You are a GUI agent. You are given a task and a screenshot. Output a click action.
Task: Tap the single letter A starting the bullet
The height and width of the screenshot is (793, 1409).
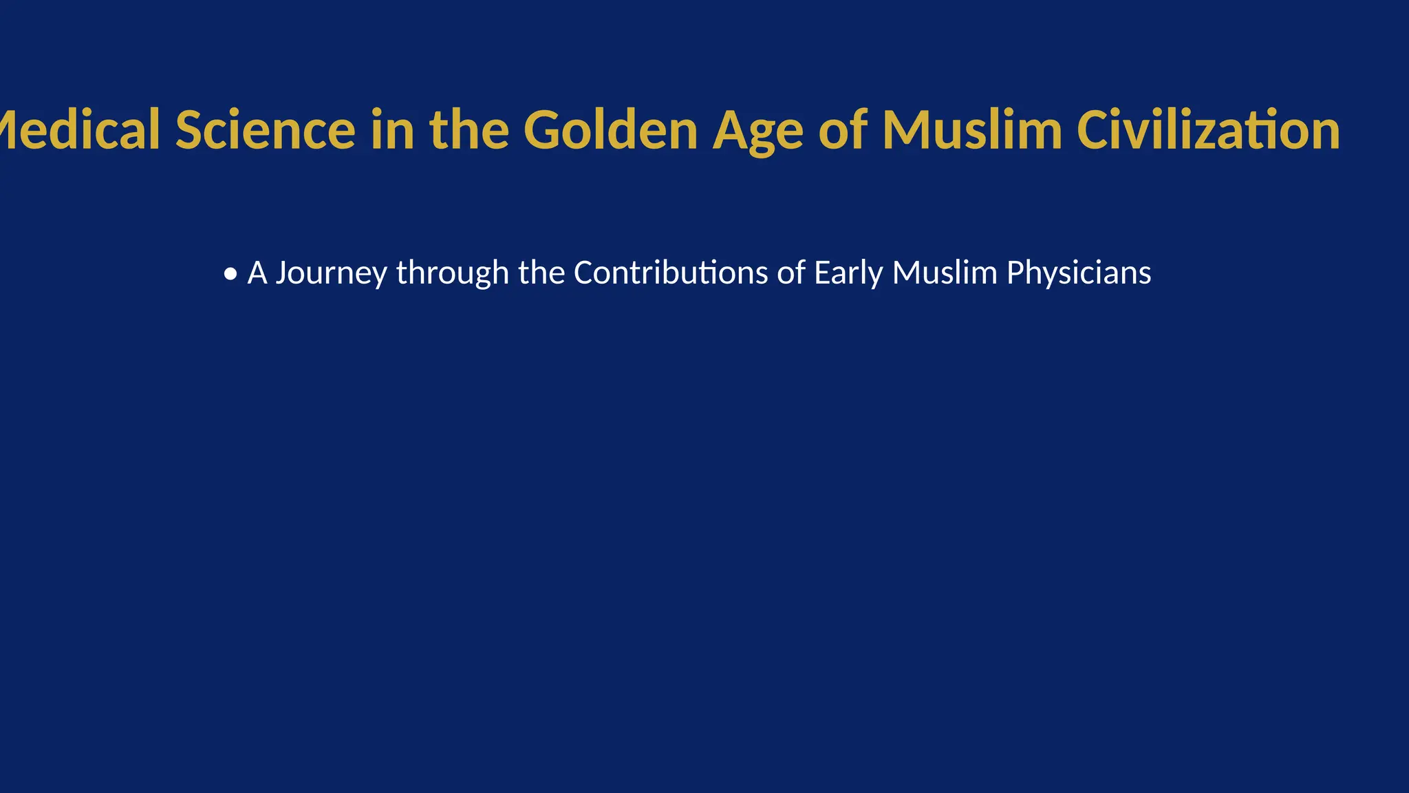(257, 273)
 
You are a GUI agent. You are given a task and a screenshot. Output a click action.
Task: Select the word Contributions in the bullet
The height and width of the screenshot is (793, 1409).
(671, 273)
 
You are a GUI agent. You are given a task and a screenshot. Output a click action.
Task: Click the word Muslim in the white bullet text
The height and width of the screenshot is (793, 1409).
(945, 273)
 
